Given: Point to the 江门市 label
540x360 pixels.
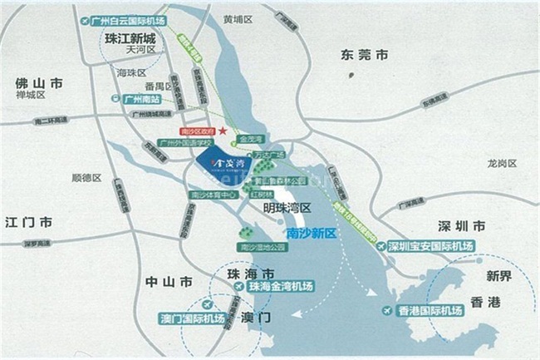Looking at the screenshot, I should pos(28,222).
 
